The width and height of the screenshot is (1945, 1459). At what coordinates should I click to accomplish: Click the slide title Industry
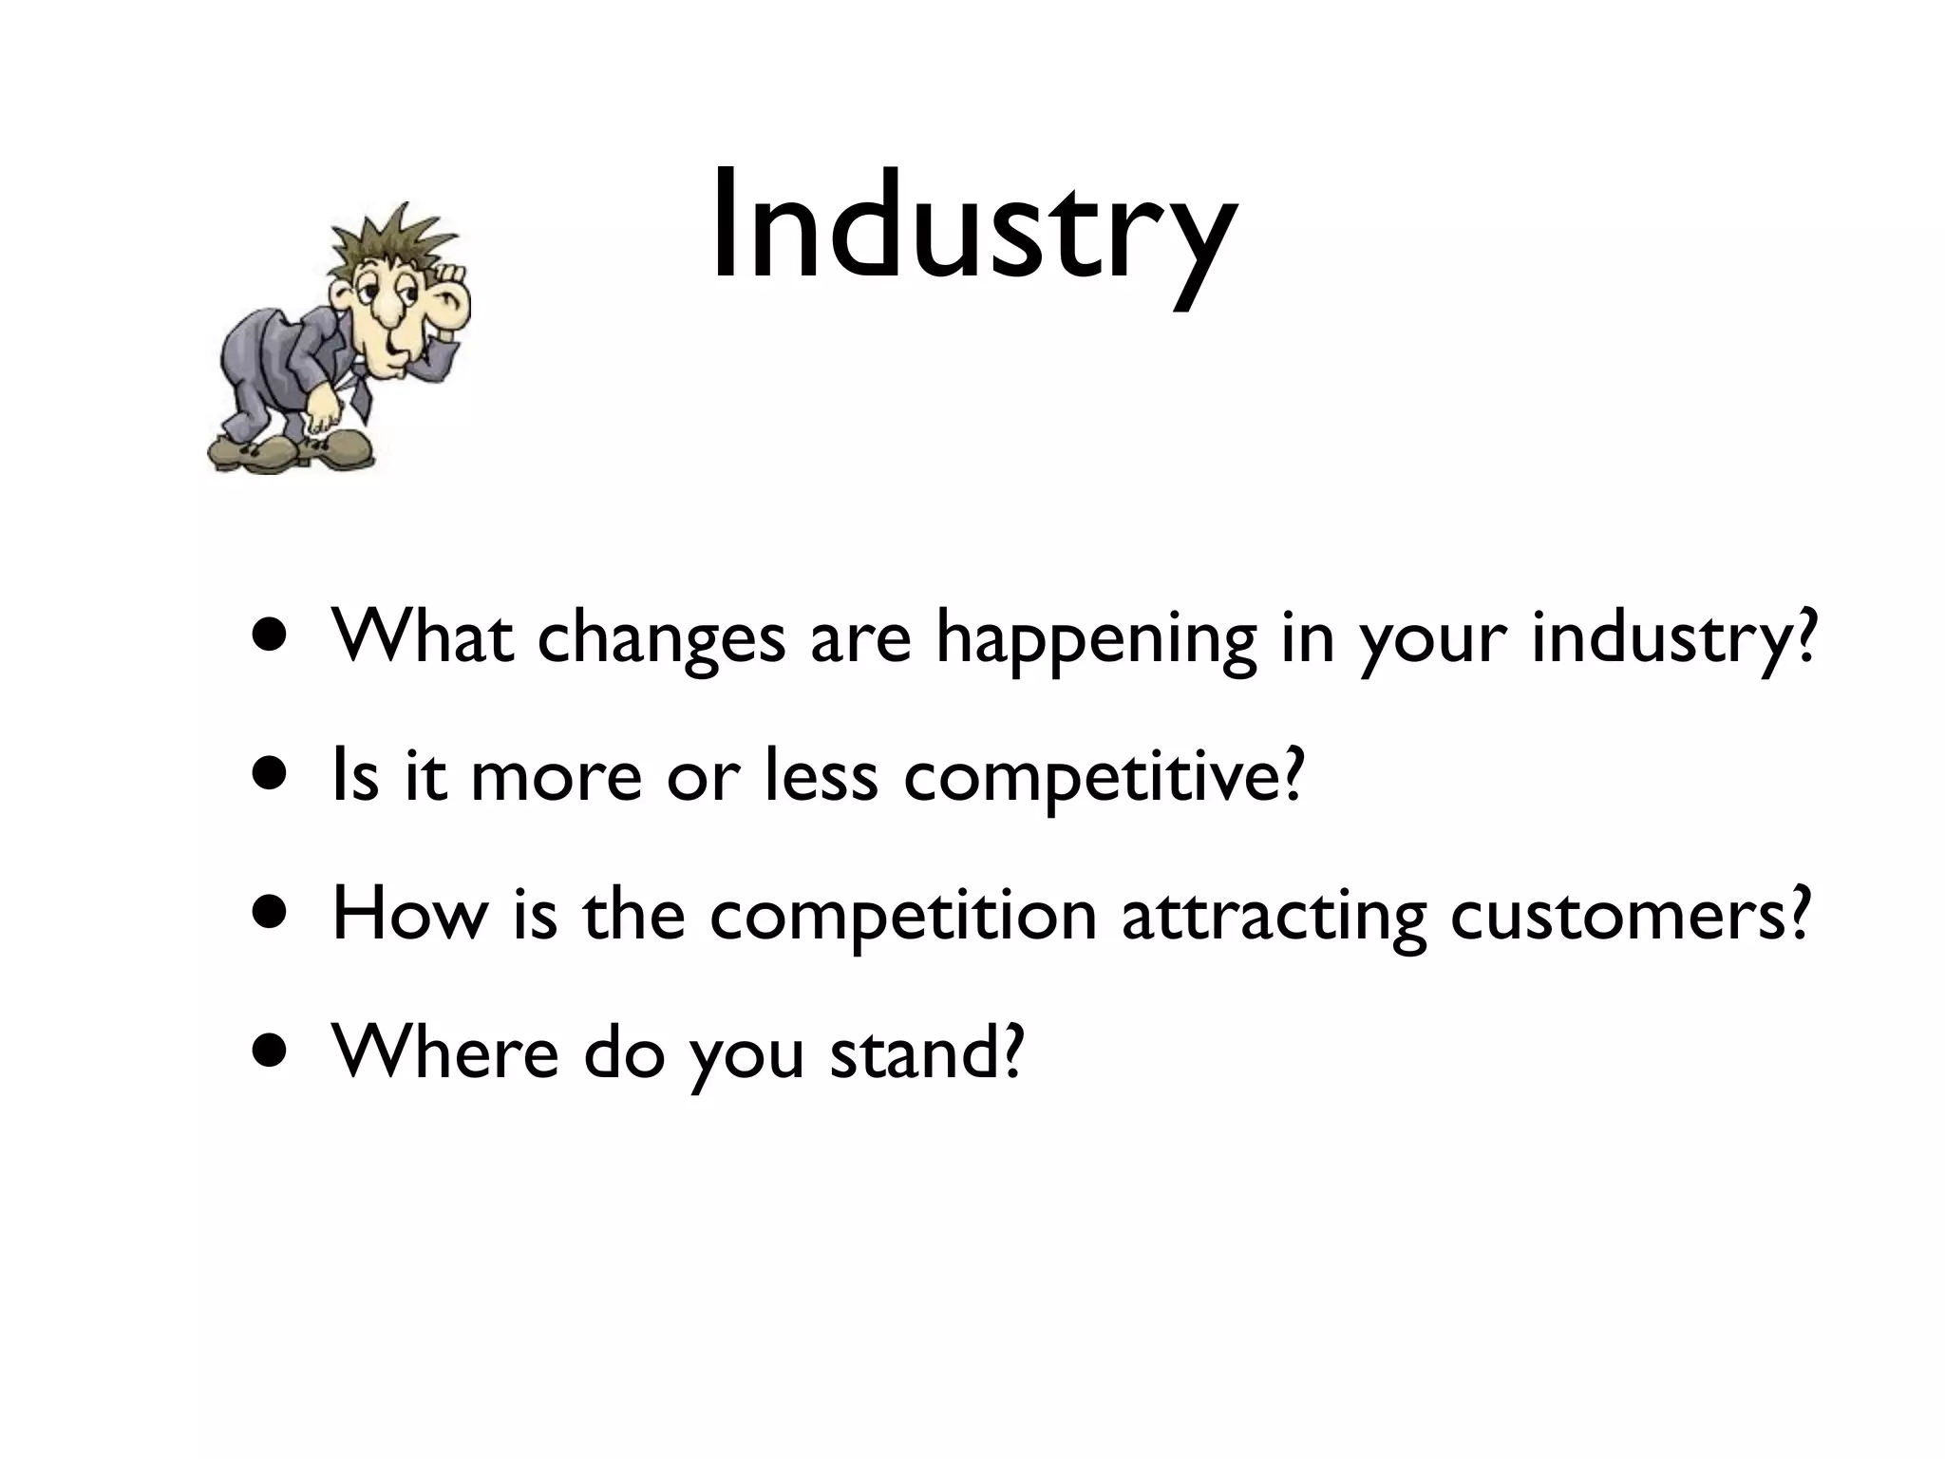(972, 228)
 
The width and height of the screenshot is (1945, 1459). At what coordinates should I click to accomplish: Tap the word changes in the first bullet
(661, 638)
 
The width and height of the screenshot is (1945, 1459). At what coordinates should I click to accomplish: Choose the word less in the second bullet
(821, 775)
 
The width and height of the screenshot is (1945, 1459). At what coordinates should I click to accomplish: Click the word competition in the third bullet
(902, 918)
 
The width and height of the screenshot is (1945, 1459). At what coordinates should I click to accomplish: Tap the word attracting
(1273, 918)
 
